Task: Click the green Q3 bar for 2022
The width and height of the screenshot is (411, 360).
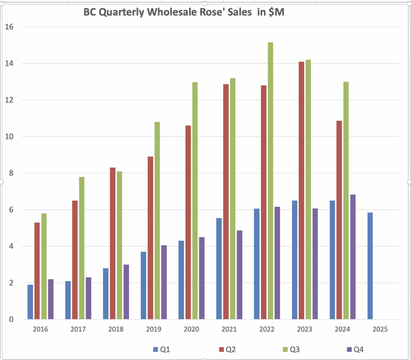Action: click(271, 181)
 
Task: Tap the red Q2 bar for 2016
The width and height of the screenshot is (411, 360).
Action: click(37, 271)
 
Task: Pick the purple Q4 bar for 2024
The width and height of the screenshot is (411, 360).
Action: click(353, 257)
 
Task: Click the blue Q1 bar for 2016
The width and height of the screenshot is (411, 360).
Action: click(30, 302)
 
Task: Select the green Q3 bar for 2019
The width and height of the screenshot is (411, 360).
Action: click(157, 220)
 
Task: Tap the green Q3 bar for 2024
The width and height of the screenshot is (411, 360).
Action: click(346, 200)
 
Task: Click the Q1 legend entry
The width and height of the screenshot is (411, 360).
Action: click(161, 350)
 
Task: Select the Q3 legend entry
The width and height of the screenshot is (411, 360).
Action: click(291, 350)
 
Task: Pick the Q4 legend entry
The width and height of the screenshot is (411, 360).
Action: click(356, 350)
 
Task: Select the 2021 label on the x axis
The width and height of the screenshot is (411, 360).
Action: click(229, 329)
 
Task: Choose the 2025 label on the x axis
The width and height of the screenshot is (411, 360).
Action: click(380, 329)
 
